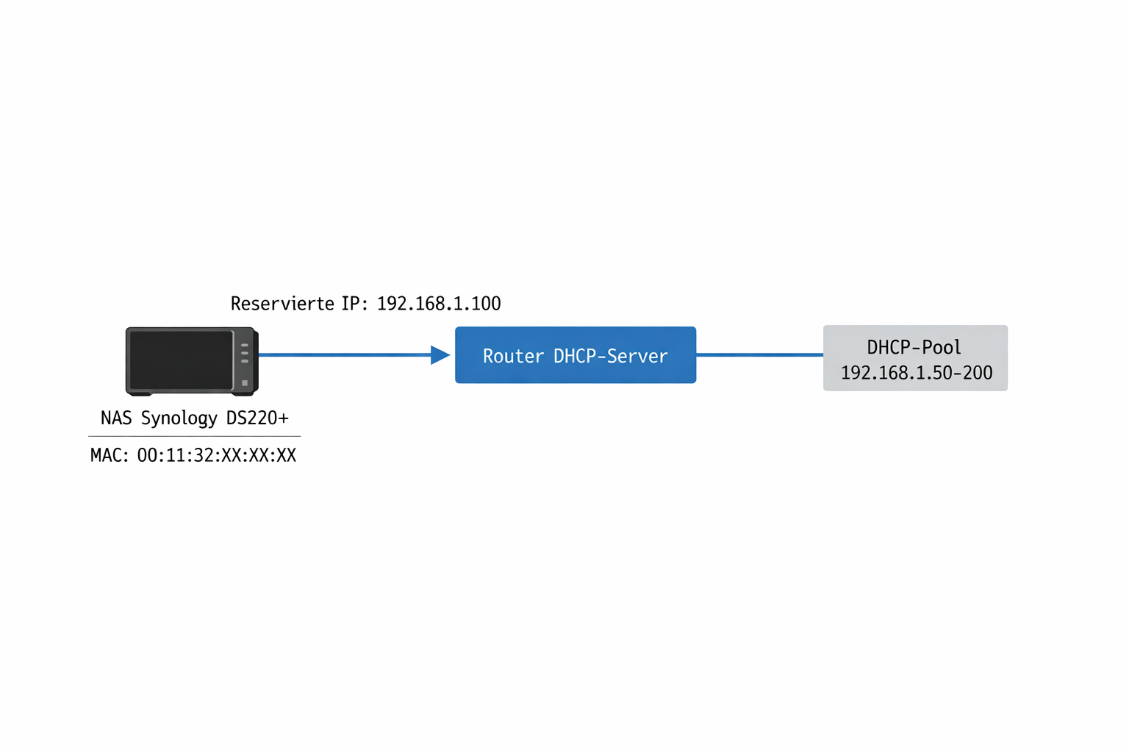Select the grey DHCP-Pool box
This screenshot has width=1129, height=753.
click(914, 358)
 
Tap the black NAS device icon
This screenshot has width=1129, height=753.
click(191, 361)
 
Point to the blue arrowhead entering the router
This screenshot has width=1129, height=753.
click(440, 355)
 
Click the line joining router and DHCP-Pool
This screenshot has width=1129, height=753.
click(759, 354)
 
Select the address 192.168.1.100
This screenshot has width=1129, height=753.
click(439, 304)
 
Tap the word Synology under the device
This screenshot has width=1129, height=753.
click(179, 418)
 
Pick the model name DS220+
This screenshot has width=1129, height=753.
click(257, 418)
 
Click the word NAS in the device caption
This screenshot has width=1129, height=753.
click(116, 418)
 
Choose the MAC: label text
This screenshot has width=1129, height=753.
click(109, 455)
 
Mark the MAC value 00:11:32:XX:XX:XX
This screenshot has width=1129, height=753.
click(217, 455)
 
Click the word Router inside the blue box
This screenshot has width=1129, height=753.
click(513, 356)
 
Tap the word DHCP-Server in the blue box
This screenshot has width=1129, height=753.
click(610, 356)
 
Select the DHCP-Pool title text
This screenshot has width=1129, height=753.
click(914, 347)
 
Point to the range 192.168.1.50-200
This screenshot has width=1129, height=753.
click(916, 373)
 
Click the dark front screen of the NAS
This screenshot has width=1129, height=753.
click(181, 360)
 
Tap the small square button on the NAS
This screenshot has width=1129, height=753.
click(245, 382)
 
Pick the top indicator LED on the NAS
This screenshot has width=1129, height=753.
click(245, 345)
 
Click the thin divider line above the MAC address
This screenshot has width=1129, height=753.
click(194, 436)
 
